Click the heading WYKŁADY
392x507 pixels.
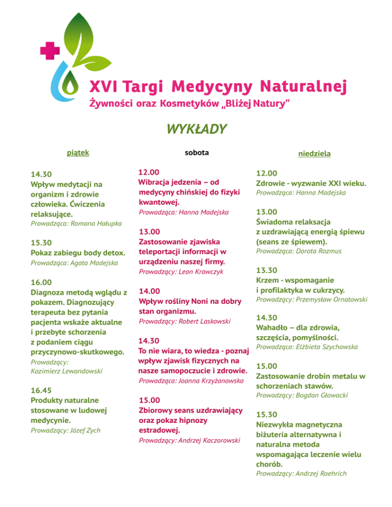pos(196,129)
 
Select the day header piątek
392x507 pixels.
pos(79,151)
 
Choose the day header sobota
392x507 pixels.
pos(197,152)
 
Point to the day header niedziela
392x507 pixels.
pos(314,153)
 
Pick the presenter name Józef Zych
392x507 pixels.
pos(84,430)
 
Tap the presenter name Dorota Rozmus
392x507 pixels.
pos(316,251)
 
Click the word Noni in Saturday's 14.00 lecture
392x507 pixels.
pos(206,301)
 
